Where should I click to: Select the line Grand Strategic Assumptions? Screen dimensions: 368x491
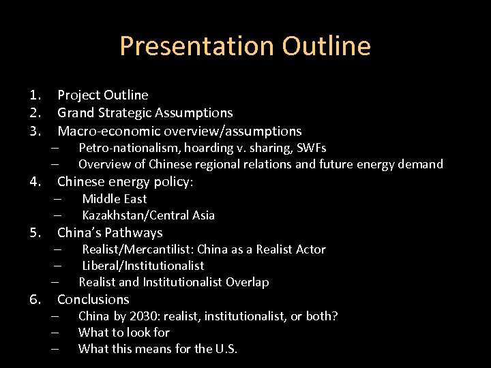click(x=145, y=113)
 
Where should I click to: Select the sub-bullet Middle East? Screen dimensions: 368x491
click(x=114, y=199)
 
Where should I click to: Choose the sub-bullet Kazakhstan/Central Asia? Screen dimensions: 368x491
click(x=148, y=215)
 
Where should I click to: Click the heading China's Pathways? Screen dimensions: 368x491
click(x=110, y=233)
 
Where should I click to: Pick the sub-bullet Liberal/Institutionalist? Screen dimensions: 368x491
click(x=143, y=266)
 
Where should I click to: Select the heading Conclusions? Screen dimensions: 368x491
click(x=93, y=300)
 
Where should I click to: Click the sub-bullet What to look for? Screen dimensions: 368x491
click(x=123, y=333)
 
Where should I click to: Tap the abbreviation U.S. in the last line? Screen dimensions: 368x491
click(x=226, y=349)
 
